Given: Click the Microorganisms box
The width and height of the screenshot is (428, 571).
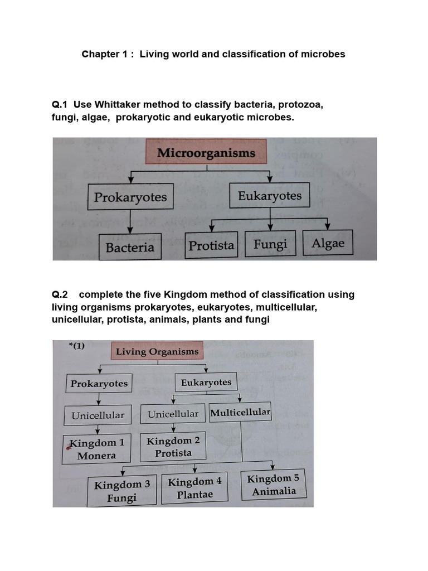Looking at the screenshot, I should click(x=206, y=153).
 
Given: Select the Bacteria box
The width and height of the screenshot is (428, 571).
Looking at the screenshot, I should click(x=130, y=247).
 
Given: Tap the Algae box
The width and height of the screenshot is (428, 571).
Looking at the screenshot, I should click(x=328, y=243).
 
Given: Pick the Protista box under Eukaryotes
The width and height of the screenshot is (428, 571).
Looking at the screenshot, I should click(x=211, y=245).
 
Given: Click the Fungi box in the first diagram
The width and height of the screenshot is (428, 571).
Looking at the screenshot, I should click(x=270, y=244).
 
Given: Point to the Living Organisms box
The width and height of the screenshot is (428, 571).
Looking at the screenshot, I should click(x=157, y=351).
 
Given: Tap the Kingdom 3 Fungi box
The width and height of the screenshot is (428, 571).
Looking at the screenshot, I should click(x=123, y=491).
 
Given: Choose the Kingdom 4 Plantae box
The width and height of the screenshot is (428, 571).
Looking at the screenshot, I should click(x=195, y=488).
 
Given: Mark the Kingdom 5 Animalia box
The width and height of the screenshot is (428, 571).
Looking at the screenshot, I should click(x=273, y=485).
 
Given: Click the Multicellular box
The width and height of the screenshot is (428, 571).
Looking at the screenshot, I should click(x=240, y=413).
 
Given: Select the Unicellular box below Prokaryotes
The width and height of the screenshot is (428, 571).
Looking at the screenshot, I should click(x=98, y=415).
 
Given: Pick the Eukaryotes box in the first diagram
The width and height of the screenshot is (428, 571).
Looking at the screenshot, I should click(x=270, y=196).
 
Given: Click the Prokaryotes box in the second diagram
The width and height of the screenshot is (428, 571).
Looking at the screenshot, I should click(x=99, y=384).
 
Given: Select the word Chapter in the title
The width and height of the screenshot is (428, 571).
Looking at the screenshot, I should click(x=101, y=54).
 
